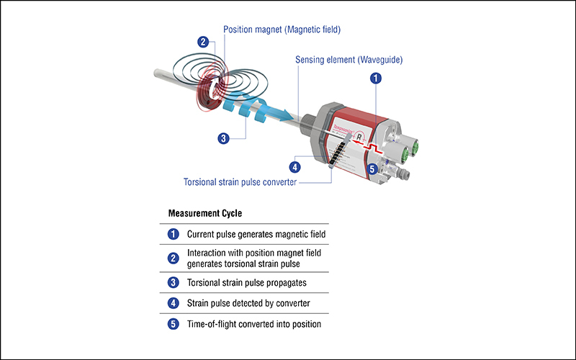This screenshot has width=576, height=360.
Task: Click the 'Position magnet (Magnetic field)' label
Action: tap(281, 30)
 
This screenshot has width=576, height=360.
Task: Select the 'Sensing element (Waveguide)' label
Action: tap(349, 60)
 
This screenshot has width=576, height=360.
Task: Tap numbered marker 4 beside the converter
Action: tap(303, 167)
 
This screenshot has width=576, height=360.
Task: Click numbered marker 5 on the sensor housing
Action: tap(372, 170)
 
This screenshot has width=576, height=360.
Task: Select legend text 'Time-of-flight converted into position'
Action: tap(254, 325)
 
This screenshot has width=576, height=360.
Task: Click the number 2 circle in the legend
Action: tap(173, 258)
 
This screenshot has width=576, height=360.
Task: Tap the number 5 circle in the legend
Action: tap(173, 325)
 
